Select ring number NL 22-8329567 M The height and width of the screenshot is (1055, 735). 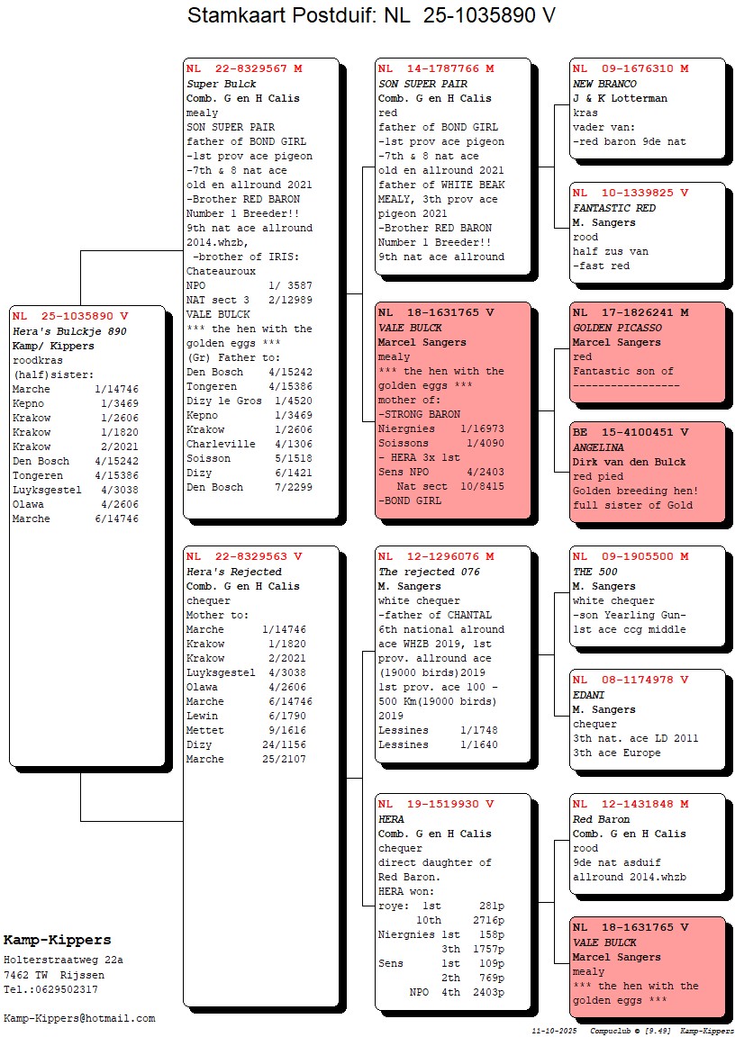(x=244, y=69)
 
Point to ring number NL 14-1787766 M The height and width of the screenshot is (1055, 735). (x=436, y=69)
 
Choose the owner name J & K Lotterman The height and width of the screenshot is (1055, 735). (x=620, y=98)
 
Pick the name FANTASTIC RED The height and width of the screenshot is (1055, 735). (x=614, y=208)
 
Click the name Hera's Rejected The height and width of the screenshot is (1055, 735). (x=233, y=572)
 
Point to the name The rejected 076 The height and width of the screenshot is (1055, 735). (x=429, y=572)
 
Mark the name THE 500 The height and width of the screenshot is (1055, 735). (x=594, y=572)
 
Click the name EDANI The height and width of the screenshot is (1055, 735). (x=589, y=695)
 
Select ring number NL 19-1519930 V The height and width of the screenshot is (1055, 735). (x=436, y=805)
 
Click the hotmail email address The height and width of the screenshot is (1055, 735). (x=79, y=1018)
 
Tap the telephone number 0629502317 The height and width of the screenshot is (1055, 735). (x=62, y=989)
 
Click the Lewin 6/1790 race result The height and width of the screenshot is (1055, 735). (x=246, y=716)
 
